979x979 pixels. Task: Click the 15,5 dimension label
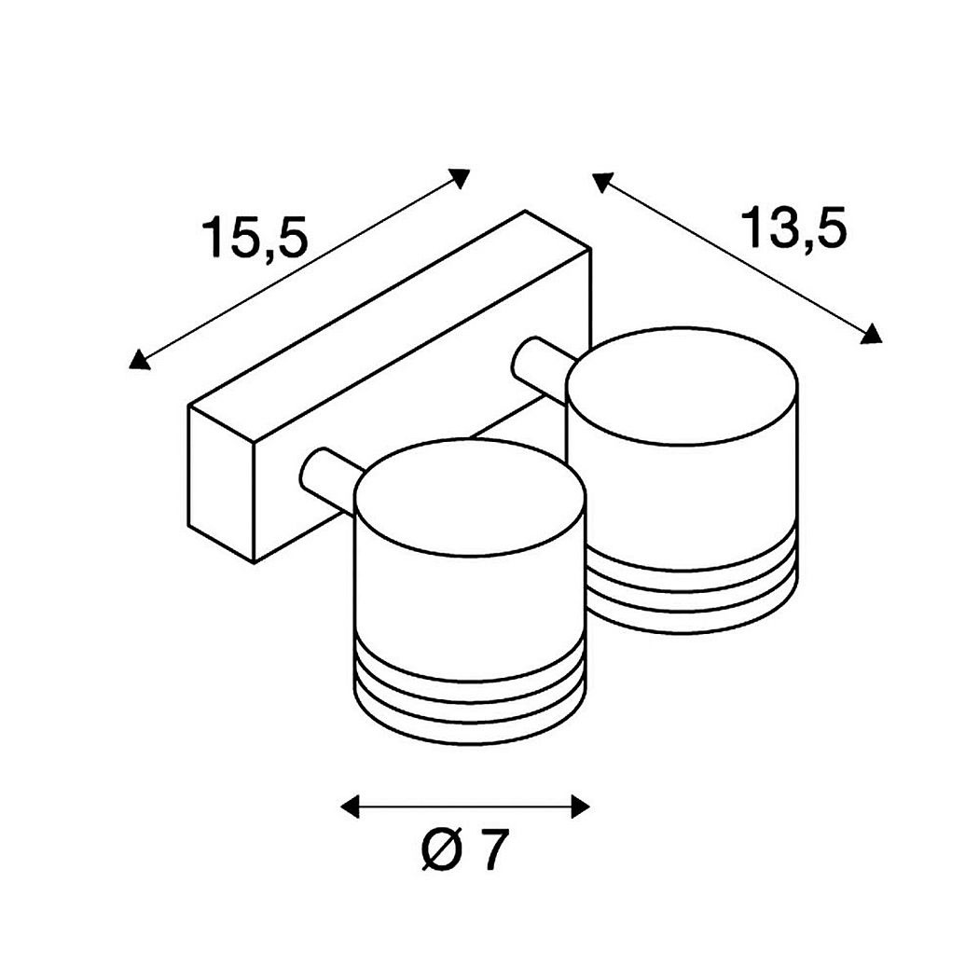point(255,238)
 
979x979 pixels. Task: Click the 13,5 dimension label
point(793,228)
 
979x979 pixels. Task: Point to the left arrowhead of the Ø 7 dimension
point(350,807)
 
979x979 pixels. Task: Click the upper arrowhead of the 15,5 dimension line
point(460,177)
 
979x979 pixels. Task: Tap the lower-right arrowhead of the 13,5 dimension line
point(871,334)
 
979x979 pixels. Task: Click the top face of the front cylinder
point(470,498)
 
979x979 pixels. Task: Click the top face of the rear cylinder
point(682,387)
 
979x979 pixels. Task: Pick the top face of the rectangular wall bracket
point(390,326)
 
